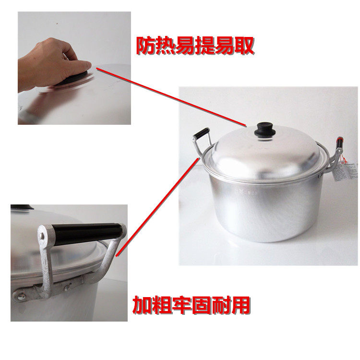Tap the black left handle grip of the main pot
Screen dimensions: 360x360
(201, 132)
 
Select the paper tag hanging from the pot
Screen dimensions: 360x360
(345, 171)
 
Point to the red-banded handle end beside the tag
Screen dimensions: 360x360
(339, 143)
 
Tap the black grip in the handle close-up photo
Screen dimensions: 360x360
(87, 233)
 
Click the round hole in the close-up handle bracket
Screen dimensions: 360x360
(42, 236)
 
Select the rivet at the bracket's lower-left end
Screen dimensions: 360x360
(21, 297)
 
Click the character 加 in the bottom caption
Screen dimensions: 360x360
(143, 305)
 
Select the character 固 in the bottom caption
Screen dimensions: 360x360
(201, 305)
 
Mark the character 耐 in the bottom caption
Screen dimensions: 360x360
(221, 305)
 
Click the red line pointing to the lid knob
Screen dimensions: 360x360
(171, 97)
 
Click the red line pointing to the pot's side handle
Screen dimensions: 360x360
(157, 207)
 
